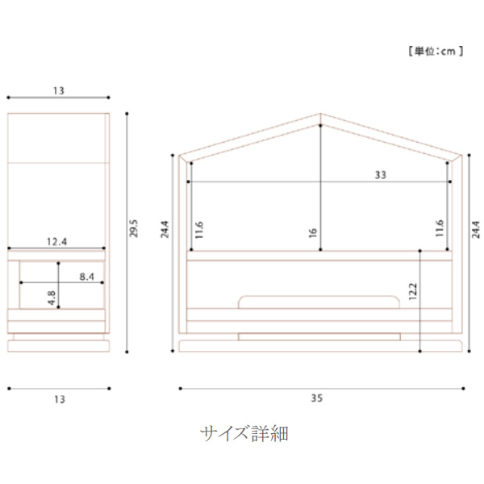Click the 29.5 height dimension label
[135, 229]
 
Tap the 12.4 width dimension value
[56, 241]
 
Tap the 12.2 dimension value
[413, 290]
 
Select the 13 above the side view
[58, 91]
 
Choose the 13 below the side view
[58, 399]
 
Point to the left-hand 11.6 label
[198, 230]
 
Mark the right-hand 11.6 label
[440, 230]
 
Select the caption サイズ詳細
[244, 434]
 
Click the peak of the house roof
[320, 115]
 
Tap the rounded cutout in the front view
[320, 302]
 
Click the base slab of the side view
[58, 344]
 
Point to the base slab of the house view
[320, 344]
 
